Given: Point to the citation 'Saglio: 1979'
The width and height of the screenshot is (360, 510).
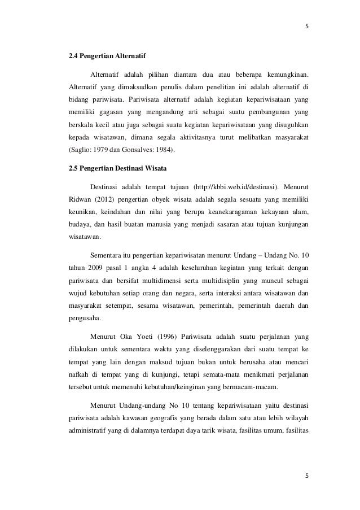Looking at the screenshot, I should coord(88,151).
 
